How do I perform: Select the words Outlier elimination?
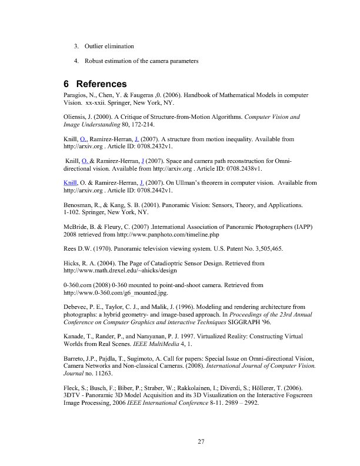point(109,46)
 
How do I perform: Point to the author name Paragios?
point(76,94)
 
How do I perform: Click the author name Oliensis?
point(76,116)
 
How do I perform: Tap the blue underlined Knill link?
point(71,183)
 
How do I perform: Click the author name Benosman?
point(79,205)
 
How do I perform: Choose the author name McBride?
point(77,228)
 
